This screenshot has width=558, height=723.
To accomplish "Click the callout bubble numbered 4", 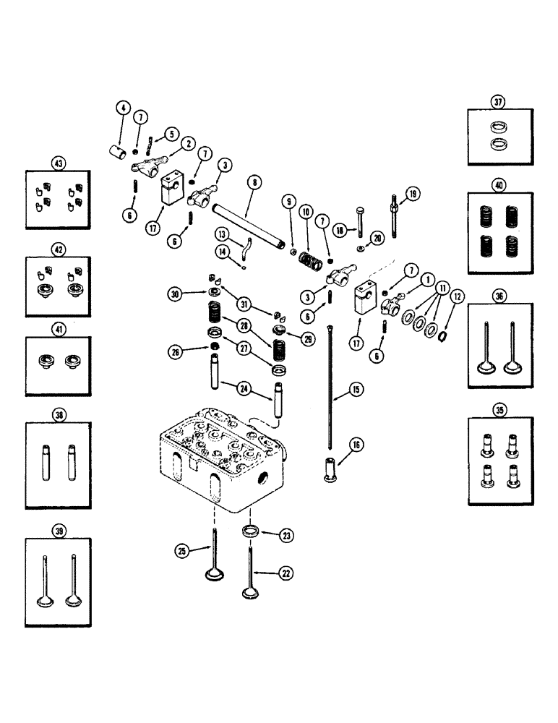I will [123, 109].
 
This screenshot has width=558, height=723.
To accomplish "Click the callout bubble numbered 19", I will [412, 193].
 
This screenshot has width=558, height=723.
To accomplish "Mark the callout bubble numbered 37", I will [498, 102].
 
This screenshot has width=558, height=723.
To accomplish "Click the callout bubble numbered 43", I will [59, 163].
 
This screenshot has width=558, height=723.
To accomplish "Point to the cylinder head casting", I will [217, 463].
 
